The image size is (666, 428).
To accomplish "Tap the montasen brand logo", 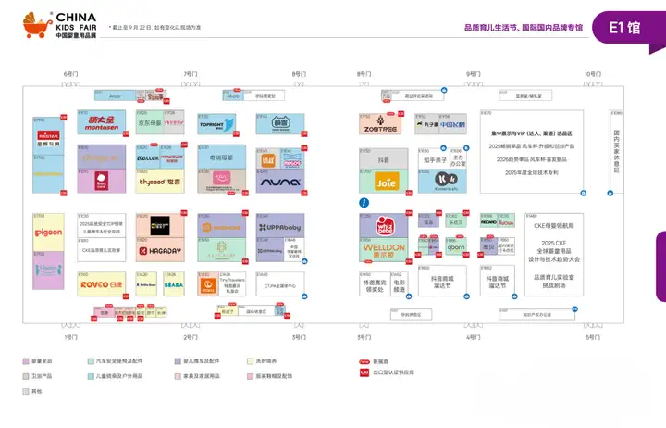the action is pos(102,124).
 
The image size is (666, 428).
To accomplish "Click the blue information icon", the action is pos(364,202).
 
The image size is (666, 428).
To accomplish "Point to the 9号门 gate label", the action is pos(473,74).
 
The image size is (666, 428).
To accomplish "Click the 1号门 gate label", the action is pos(70,337).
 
